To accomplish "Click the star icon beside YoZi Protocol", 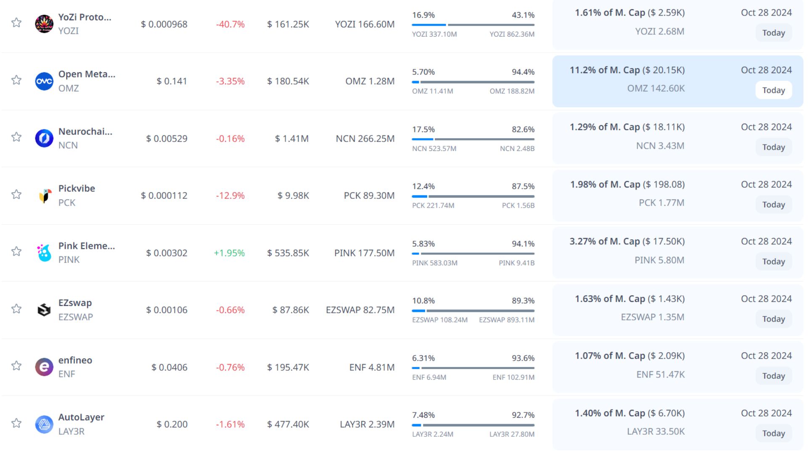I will coord(16,23).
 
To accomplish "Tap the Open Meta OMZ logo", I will coord(44,81).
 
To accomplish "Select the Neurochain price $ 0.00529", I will coord(167,139).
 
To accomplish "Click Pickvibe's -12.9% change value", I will coord(230,196).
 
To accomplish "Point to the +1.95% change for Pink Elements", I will coord(229,253).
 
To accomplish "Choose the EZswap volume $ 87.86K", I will coord(290,310).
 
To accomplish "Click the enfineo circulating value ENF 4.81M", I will coord(372,367).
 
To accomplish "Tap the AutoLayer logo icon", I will coord(44,424).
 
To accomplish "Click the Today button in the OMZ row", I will coord(773,90).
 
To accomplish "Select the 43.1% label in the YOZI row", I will coord(523,15).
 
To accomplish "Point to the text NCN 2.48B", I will coord(517,148).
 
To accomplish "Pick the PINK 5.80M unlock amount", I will coord(659,260).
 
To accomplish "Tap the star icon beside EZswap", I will coord(16,309).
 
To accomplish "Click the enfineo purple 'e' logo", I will coord(44,367).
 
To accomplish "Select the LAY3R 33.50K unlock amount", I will coord(656,432).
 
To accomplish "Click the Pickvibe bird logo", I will coord(44,195).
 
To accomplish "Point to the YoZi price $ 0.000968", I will coord(164,24).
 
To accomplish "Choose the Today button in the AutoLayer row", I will coord(773,433).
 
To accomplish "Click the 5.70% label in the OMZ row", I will coord(423,72).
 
